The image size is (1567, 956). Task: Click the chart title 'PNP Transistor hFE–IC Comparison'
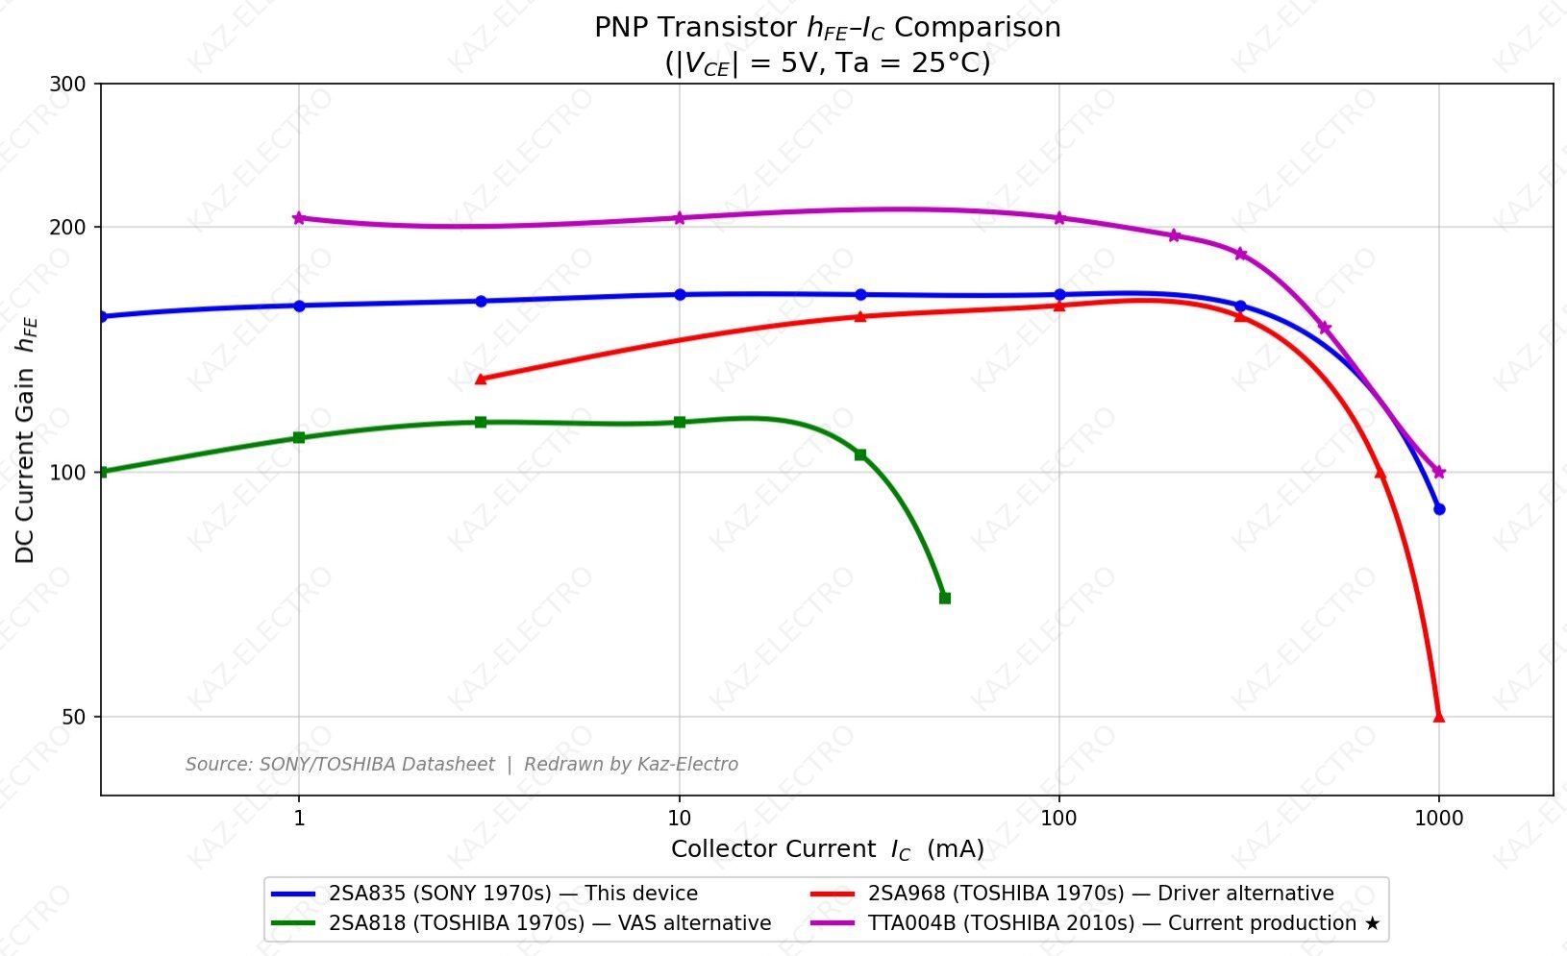coord(827,28)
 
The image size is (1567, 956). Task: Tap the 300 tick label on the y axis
coord(67,85)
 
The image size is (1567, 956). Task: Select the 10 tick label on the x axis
coord(679,819)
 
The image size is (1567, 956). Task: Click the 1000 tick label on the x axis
coord(1438,819)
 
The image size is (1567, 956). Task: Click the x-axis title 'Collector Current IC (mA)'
coord(827,849)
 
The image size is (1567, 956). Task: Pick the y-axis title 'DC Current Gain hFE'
coord(26,439)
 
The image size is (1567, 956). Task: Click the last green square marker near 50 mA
coord(944,599)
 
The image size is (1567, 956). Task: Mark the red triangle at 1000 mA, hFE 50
coord(1438,716)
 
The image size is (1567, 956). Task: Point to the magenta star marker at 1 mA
coord(299,218)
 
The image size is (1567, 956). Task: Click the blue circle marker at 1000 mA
coord(1438,509)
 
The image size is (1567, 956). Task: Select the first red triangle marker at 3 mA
coord(481,379)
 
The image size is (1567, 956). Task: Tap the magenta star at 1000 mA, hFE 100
coord(1438,472)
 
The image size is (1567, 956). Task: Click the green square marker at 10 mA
coord(679,422)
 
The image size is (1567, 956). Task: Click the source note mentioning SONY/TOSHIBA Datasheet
coord(461,765)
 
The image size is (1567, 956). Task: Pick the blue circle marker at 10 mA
coord(679,295)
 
